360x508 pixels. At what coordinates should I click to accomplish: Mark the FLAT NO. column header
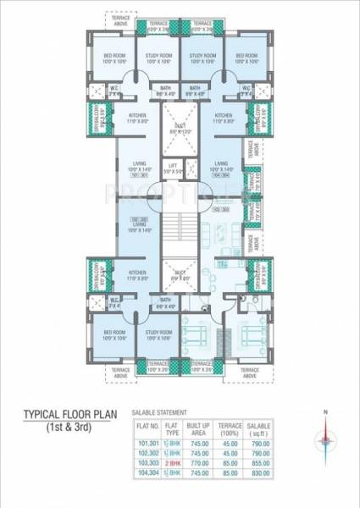click(x=148, y=428)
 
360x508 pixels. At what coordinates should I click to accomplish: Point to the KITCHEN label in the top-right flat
click(x=224, y=119)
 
